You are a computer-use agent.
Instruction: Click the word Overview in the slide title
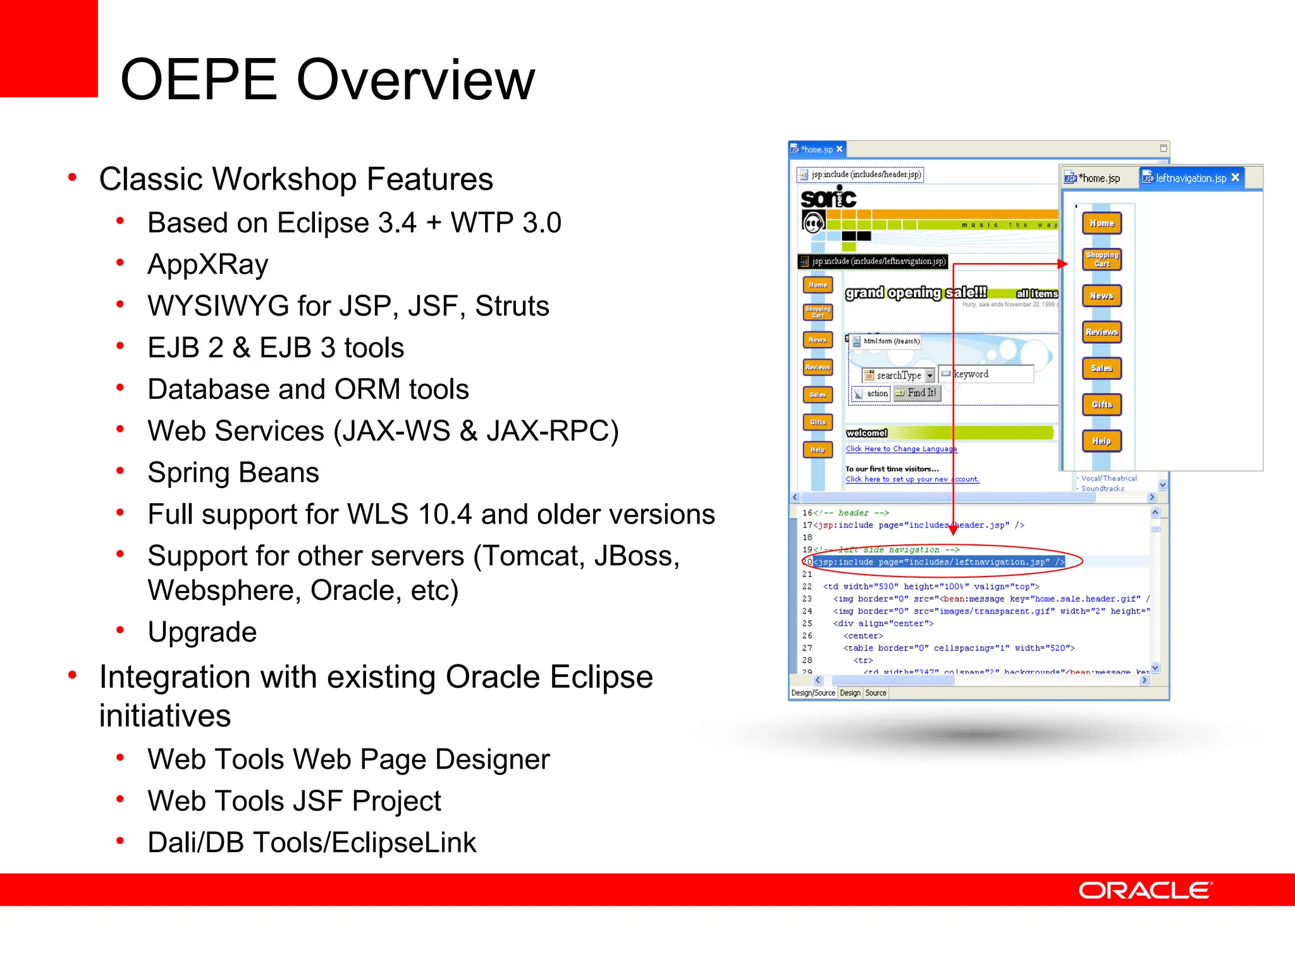[x=415, y=80]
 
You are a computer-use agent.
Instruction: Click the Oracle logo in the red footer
[x=1145, y=890]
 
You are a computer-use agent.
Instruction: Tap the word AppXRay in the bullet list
[x=207, y=264]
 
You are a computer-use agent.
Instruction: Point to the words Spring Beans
[x=233, y=473]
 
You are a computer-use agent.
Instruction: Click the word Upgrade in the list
[x=202, y=632]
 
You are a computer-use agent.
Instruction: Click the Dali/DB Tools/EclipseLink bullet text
[x=311, y=843]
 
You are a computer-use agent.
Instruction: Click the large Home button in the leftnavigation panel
[x=1102, y=223]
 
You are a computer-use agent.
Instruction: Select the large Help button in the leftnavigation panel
[x=1102, y=441]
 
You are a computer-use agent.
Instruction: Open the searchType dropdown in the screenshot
[x=930, y=376]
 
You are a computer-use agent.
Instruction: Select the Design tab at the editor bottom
[x=850, y=693]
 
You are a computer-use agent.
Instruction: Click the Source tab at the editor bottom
[x=876, y=693]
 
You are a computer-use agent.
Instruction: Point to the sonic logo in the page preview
[x=828, y=198]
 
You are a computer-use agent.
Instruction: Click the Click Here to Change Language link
[x=901, y=449]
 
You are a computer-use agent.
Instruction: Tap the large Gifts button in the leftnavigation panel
[x=1102, y=405]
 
